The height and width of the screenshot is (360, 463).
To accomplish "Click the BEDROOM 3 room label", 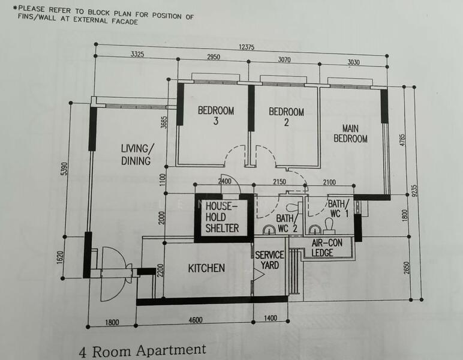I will [216, 116].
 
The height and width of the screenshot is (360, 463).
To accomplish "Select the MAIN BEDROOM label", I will [350, 133].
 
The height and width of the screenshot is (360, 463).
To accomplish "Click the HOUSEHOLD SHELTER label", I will [222, 217].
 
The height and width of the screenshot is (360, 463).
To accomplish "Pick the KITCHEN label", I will [206, 268].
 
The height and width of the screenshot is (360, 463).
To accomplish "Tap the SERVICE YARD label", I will [270, 260].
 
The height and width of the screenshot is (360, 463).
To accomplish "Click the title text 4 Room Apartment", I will [142, 350].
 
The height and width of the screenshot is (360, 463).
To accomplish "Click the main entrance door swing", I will [114, 274].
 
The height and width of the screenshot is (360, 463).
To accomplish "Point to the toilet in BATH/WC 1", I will [328, 224].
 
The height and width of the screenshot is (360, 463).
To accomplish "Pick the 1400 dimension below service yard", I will [270, 319].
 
